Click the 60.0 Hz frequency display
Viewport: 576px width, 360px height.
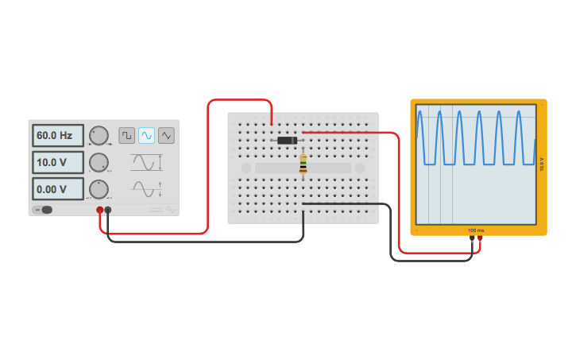(x=57, y=136)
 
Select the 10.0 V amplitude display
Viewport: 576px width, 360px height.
(x=57, y=162)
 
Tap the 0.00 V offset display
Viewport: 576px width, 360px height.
(x=57, y=189)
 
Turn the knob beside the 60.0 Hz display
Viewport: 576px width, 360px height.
(x=99, y=135)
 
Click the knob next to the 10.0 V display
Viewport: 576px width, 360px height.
(x=99, y=162)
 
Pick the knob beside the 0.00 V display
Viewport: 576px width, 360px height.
(x=99, y=189)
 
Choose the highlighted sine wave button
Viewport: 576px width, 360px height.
(x=146, y=135)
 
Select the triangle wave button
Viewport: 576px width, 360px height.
(x=166, y=135)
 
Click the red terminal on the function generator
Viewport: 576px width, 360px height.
(x=100, y=211)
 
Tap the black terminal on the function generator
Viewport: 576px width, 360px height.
(x=108, y=211)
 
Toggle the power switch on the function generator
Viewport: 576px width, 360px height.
(x=43, y=210)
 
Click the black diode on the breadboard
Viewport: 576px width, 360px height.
(x=287, y=141)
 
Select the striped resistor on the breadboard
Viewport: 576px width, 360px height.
(x=303, y=165)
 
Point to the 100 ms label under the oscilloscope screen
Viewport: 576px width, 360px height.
(x=476, y=230)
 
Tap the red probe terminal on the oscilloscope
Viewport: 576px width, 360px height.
(x=480, y=237)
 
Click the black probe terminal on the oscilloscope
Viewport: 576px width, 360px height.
(x=472, y=237)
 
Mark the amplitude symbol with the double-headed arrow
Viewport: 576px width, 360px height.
(x=147, y=162)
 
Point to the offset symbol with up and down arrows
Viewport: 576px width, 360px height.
(x=148, y=189)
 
